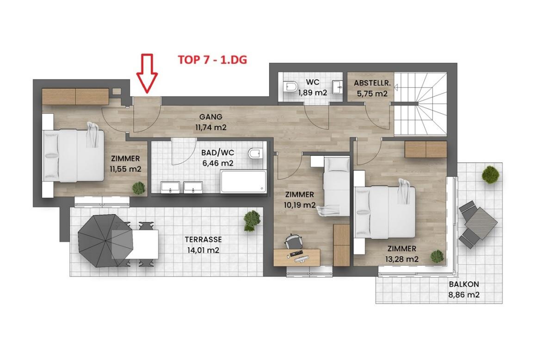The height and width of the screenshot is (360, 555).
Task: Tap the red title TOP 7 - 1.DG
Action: [213, 60]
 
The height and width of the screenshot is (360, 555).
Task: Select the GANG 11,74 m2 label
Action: [211, 122]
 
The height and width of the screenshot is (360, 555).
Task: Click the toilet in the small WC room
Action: [291, 87]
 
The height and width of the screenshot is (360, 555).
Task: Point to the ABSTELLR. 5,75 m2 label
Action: [372, 88]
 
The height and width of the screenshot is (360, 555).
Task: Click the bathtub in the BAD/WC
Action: [243, 182]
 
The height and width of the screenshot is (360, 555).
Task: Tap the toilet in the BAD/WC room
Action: [255, 153]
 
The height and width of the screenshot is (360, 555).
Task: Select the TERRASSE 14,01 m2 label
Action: [203, 245]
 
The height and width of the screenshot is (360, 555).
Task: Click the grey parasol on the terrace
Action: [105, 241]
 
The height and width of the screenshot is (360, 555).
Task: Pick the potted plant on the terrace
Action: [252, 220]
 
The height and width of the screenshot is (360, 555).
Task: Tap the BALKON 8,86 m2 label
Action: [464, 289]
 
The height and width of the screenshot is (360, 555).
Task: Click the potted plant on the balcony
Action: [490, 175]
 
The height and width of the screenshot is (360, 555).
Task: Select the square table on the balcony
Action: [481, 224]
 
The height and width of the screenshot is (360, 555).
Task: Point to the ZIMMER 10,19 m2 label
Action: [300, 200]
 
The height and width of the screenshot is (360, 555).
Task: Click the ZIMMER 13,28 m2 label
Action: [402, 254]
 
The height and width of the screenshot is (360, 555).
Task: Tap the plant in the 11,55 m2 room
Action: [139, 188]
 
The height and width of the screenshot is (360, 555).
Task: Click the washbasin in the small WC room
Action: [337, 87]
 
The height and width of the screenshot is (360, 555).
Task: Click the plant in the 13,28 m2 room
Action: [437, 256]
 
